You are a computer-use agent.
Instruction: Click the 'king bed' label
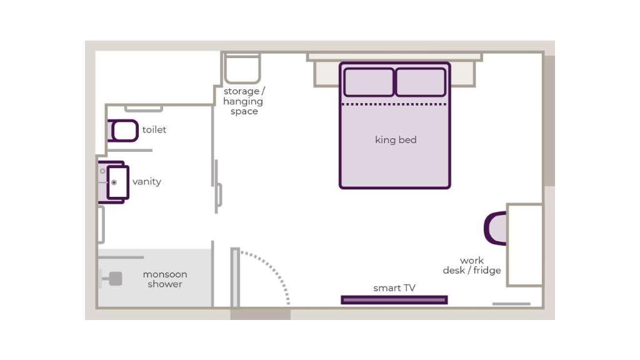pyautogui.click(x=396, y=140)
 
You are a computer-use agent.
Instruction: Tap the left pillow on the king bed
pyautogui.click(x=369, y=82)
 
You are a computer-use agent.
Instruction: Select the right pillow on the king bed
pyautogui.click(x=421, y=82)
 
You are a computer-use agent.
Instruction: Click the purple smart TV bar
pyautogui.click(x=394, y=300)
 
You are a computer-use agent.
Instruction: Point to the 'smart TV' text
pyautogui.click(x=394, y=288)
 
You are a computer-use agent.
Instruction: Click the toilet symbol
pyautogui.click(x=123, y=131)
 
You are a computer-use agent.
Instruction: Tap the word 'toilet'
pyautogui.click(x=154, y=130)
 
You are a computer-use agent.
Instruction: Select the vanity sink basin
pyautogui.click(x=118, y=182)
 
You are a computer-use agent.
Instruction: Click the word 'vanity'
pyautogui.click(x=147, y=182)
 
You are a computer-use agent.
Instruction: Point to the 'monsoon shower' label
pyautogui.click(x=165, y=279)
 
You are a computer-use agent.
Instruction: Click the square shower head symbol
pyautogui.click(x=116, y=279)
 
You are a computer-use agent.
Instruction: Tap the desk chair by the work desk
pyautogui.click(x=495, y=229)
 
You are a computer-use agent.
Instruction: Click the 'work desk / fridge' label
pyautogui.click(x=472, y=265)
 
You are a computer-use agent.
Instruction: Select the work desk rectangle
pyautogui.click(x=525, y=245)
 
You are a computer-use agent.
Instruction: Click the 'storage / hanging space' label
pyautogui.click(x=244, y=101)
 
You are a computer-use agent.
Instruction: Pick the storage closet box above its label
pyautogui.click(x=242, y=68)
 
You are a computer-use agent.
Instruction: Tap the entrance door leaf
pyautogui.click(x=235, y=277)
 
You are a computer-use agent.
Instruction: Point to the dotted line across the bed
pyautogui.click(x=394, y=104)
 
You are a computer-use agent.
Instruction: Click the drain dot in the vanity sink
pyautogui.click(x=114, y=182)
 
